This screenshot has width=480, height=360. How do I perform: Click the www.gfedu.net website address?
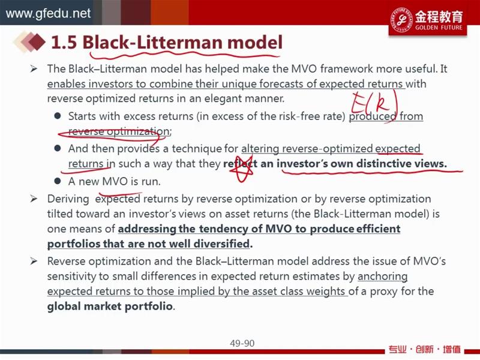pyautogui.click(x=48, y=13)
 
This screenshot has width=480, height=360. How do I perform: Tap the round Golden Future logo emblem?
pyautogui.click(x=401, y=19)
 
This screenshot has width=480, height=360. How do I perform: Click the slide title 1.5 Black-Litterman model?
pyautogui.click(x=167, y=42)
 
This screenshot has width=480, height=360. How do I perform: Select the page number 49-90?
pyautogui.click(x=242, y=343)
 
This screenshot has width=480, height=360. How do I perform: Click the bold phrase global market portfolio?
pyautogui.click(x=110, y=306)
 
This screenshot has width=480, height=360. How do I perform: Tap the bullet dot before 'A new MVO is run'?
pyautogui.click(x=57, y=181)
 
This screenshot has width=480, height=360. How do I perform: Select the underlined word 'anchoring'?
pyautogui.click(x=383, y=276)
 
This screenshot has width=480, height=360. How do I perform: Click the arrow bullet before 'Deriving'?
pyautogui.click(x=34, y=199)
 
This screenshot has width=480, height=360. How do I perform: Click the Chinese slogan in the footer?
pyautogui.click(x=425, y=349)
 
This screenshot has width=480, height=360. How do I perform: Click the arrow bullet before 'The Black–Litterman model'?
pyautogui.click(x=34, y=68)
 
